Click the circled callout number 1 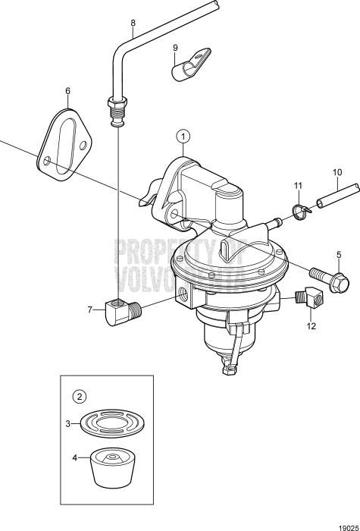[x=182, y=137]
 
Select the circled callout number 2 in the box [x=78, y=395]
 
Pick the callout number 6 [x=67, y=91]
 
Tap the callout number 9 [x=175, y=47]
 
